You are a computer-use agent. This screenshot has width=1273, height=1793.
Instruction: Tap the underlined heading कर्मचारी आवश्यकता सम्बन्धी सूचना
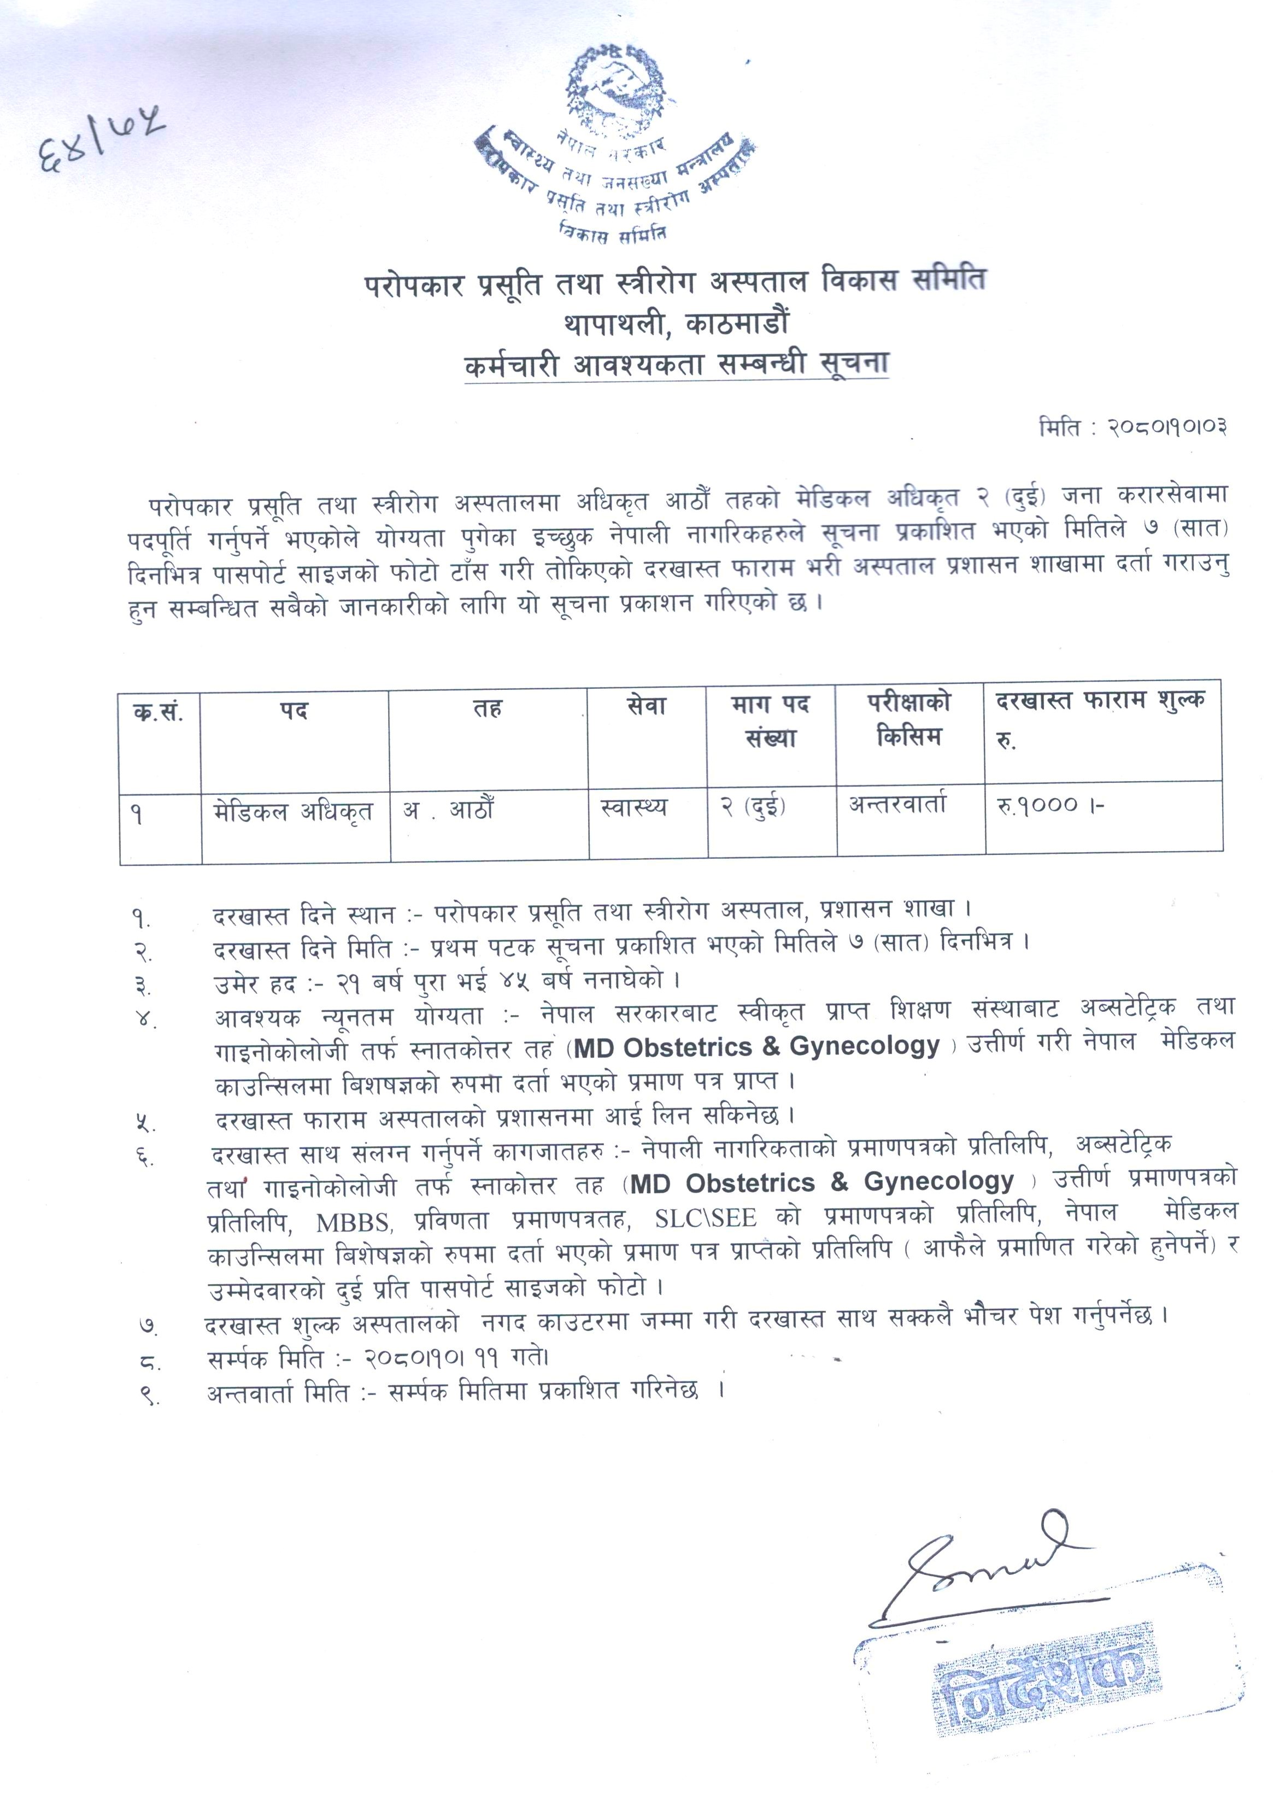coord(677,365)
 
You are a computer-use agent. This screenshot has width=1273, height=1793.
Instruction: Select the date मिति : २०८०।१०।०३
coord(1133,427)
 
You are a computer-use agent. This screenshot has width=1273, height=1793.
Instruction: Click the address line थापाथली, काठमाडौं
coord(675,322)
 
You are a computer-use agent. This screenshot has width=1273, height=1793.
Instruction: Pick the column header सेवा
coord(647,707)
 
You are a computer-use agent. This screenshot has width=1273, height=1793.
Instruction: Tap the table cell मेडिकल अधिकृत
coord(293,811)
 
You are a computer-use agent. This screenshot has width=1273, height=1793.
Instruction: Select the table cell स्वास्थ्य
coord(633,807)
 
